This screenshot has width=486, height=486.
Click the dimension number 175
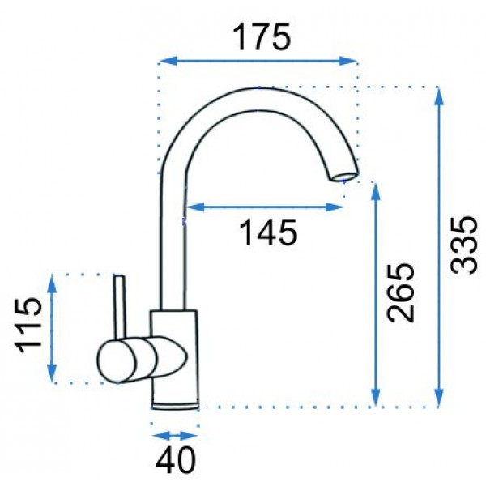262,37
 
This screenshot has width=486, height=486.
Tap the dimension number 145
268,232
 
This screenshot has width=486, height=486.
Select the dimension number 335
463,245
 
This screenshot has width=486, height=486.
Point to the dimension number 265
400,292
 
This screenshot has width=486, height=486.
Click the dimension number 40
176,459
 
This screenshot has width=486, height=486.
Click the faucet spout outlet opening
343,177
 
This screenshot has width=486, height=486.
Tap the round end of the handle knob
117,360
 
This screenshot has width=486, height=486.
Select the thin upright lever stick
120,307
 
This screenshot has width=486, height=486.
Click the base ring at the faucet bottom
175,407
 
